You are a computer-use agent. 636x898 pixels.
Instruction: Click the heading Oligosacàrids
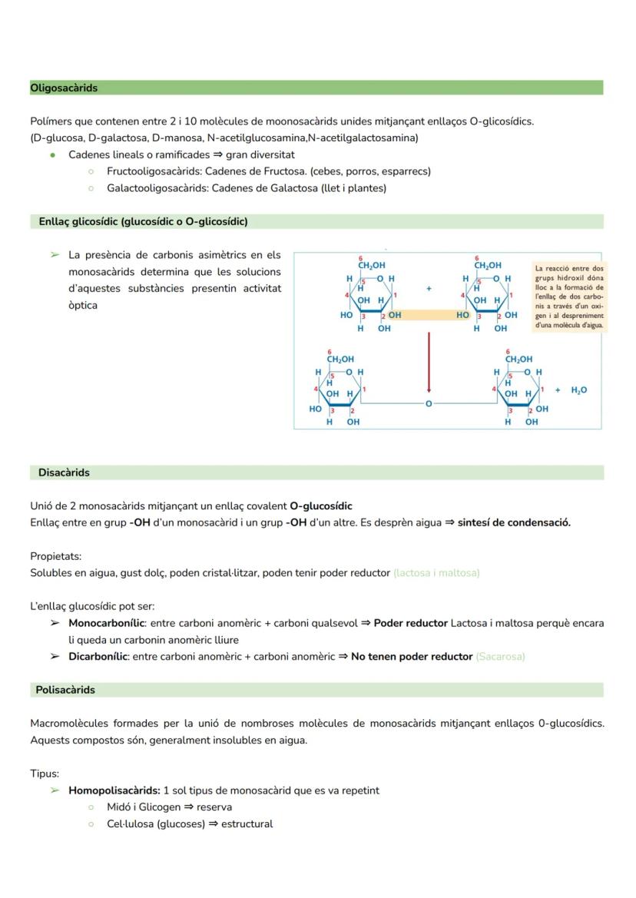pos(64,88)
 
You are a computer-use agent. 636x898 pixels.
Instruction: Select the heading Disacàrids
pos(64,473)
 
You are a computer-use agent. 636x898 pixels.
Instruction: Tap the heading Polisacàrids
pos(65,690)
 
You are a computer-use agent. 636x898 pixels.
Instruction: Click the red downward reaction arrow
pos(429,361)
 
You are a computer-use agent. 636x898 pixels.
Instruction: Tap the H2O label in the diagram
pos(578,390)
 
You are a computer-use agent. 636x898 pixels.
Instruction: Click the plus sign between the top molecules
pos(429,289)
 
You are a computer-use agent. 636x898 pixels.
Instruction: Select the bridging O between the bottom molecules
pos(429,403)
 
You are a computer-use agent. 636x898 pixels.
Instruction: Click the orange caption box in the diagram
pos(569,297)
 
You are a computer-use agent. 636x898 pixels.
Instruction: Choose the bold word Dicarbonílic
pos(98,657)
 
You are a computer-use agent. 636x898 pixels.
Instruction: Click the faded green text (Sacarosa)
pos(500,657)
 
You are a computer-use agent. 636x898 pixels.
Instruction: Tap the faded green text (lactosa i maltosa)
pos(436,573)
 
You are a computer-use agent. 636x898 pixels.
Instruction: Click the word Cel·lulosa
pos(131,824)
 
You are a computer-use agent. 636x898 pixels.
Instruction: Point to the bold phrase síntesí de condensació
pos(514,523)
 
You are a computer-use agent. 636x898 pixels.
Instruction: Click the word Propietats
pos(55,556)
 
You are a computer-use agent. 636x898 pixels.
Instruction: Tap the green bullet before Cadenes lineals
pos(52,155)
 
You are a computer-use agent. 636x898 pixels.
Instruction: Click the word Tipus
pos(44,774)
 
